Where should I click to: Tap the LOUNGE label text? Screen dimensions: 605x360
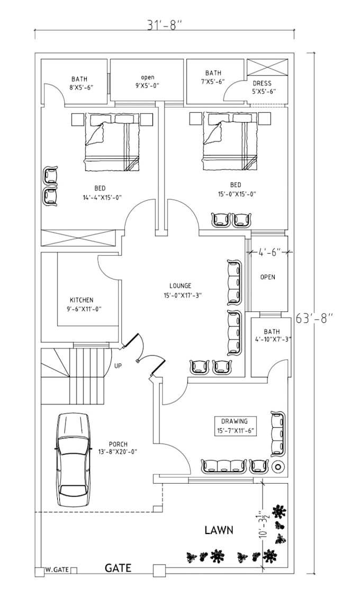[181, 286]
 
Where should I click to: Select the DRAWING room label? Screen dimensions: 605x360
[235, 421]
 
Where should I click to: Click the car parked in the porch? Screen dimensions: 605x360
[73, 459]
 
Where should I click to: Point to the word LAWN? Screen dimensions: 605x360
[219, 530]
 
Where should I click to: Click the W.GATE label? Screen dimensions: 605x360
[57, 570]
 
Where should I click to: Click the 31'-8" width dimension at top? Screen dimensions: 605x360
[164, 24]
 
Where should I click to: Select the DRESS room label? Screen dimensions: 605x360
[262, 83]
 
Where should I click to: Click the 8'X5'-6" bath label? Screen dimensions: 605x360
[80, 88]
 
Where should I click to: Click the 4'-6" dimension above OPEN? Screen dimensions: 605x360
[269, 253]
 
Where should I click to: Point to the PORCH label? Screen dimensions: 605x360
[118, 444]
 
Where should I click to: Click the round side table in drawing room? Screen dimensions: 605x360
[277, 467]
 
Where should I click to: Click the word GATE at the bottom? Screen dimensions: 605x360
[118, 568]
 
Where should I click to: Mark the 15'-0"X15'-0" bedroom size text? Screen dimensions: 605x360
[236, 194]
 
